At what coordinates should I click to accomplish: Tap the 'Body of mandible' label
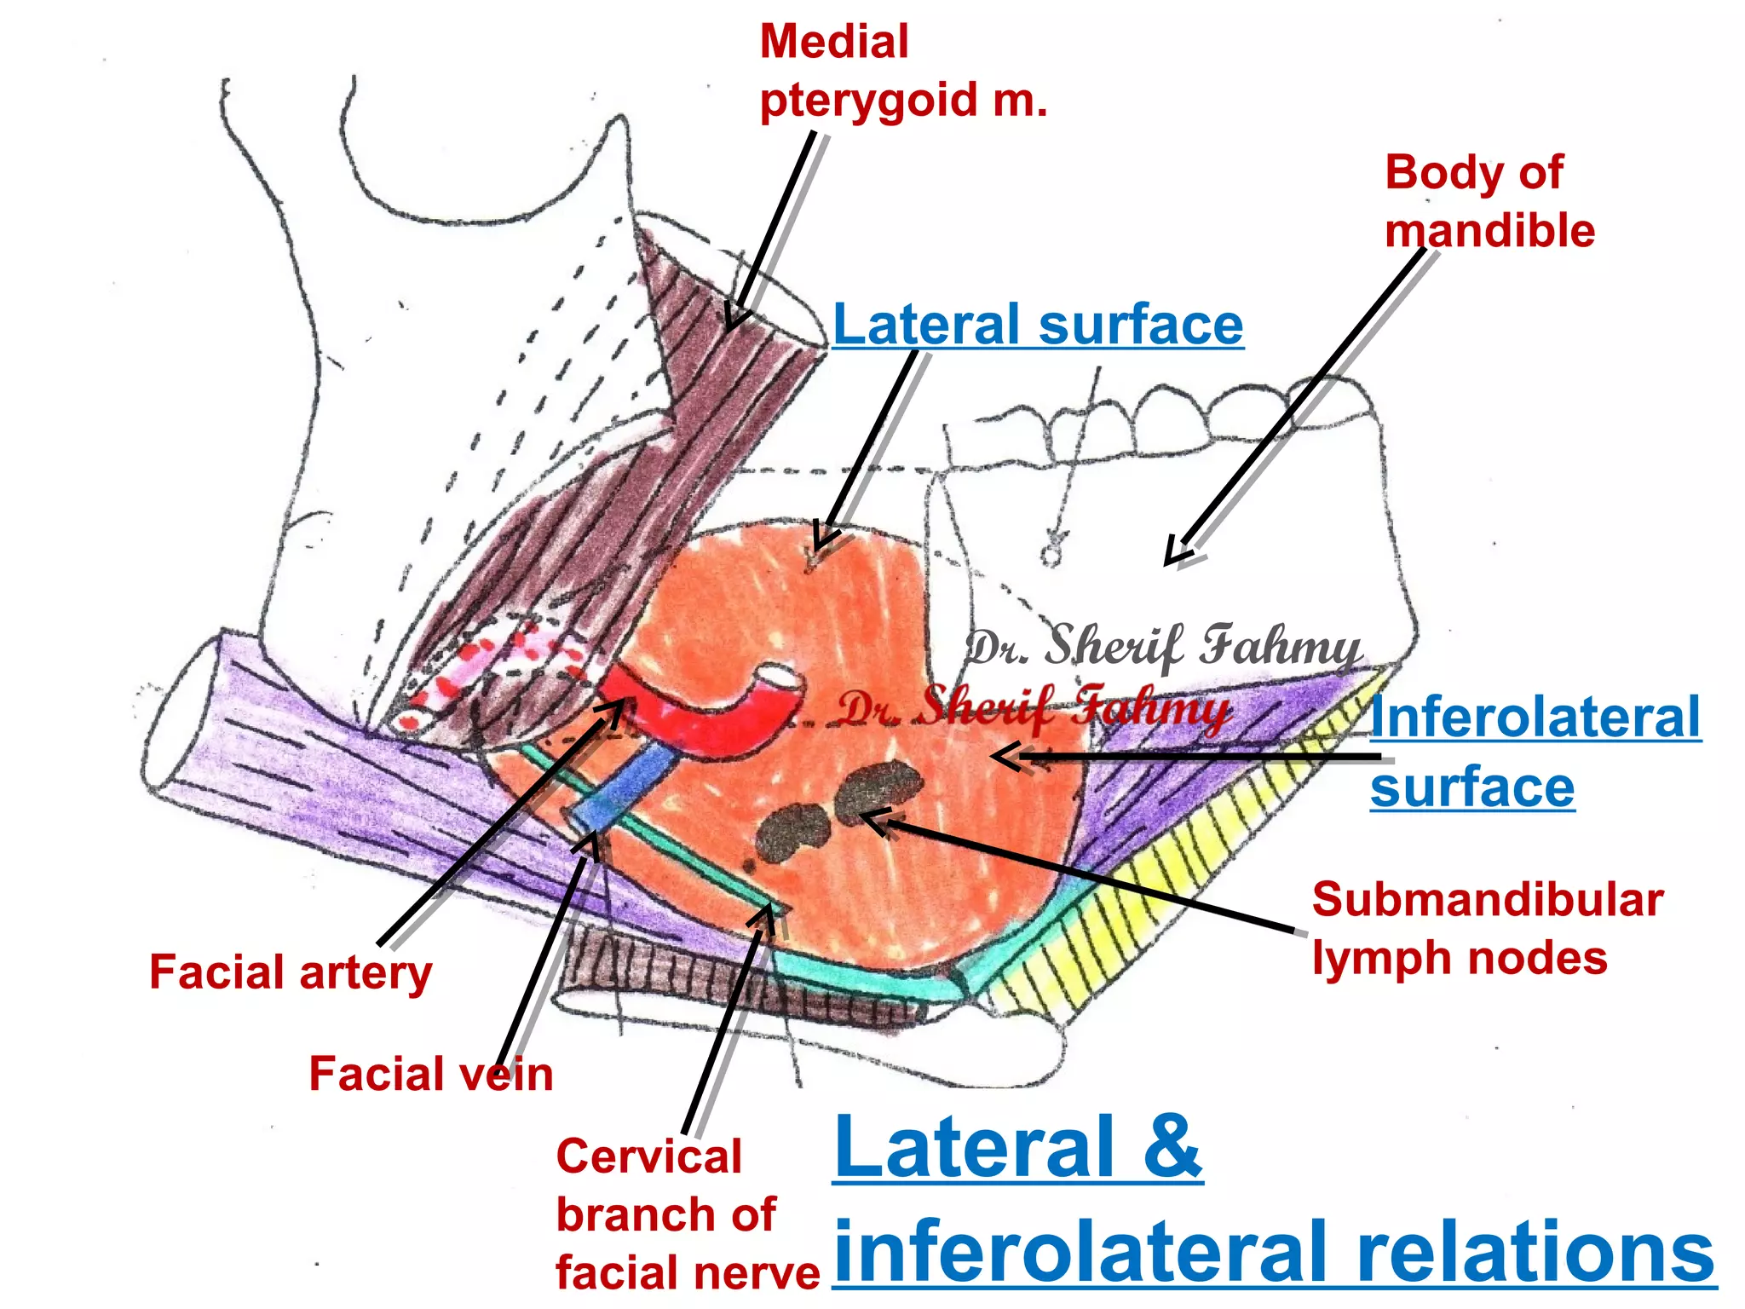[x=1489, y=202]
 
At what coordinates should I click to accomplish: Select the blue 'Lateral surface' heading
[x=1037, y=325]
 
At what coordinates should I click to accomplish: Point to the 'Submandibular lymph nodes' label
[x=1486, y=929]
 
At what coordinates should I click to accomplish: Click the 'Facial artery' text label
[x=291, y=972]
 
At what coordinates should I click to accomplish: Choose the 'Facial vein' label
[x=430, y=1074]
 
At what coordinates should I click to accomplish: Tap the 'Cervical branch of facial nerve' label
[x=686, y=1214]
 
